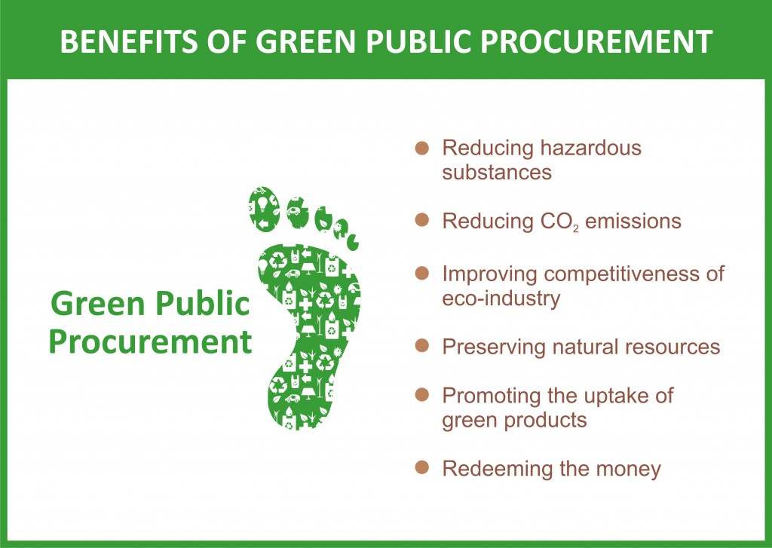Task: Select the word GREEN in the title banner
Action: click(305, 41)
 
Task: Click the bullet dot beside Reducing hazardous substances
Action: click(422, 148)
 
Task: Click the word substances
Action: click(497, 173)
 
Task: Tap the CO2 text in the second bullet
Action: click(559, 222)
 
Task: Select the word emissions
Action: click(633, 221)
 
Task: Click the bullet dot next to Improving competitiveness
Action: click(422, 274)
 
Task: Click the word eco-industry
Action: click(501, 298)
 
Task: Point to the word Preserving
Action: click(494, 347)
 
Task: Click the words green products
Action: click(514, 421)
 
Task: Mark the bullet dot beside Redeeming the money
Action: click(422, 467)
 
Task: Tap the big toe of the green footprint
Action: click(265, 209)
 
